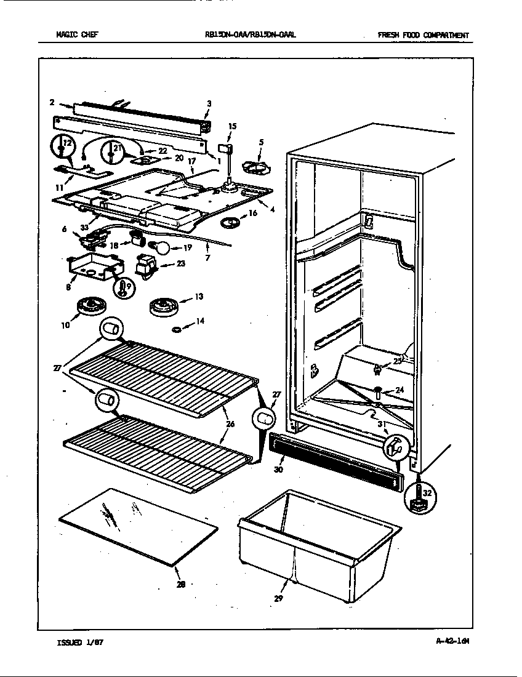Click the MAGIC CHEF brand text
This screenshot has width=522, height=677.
pyautogui.click(x=77, y=35)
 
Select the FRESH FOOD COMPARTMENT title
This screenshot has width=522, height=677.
pyautogui.click(x=423, y=35)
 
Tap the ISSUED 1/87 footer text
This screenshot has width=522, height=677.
pyautogui.click(x=80, y=642)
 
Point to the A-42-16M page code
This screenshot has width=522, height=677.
pyautogui.click(x=452, y=641)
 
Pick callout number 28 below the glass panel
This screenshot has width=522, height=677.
pyautogui.click(x=180, y=585)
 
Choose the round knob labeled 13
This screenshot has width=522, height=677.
pyautogui.click(x=163, y=305)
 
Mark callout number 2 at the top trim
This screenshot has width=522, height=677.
pyautogui.click(x=52, y=102)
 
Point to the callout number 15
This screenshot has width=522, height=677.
pyautogui.click(x=232, y=126)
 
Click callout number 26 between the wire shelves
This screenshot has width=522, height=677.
pyautogui.click(x=230, y=423)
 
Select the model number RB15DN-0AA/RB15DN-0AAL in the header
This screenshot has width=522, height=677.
pyautogui.click(x=251, y=35)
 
